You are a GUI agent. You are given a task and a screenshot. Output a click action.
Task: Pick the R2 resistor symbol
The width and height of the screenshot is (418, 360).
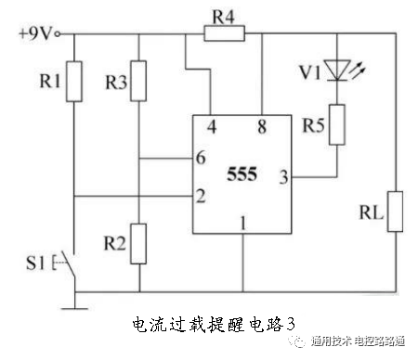pos(137,243)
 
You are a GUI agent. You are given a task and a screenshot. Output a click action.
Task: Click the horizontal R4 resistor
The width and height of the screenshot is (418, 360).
pos(224,35)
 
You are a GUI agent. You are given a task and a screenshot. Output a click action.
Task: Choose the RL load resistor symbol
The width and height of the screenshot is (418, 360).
pos(395,211)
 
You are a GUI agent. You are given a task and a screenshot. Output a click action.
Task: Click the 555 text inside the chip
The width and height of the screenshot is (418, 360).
pos(242,174)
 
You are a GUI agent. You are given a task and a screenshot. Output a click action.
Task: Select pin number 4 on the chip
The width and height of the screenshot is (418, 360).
pos(212,127)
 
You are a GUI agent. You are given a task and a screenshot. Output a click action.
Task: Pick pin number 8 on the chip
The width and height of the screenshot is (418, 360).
pos(262,127)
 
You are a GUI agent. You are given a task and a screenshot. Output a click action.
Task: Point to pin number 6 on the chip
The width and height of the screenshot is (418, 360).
pos(201,159)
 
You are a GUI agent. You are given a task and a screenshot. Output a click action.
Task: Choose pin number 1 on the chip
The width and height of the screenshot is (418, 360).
pos(243,223)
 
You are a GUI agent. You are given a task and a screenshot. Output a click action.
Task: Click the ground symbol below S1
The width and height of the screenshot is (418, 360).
pos(75,300)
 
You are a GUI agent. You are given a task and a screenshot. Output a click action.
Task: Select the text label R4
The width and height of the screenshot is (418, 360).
pos(225,15)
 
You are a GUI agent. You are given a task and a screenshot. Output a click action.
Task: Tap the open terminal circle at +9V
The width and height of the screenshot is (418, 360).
pos(59,35)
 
